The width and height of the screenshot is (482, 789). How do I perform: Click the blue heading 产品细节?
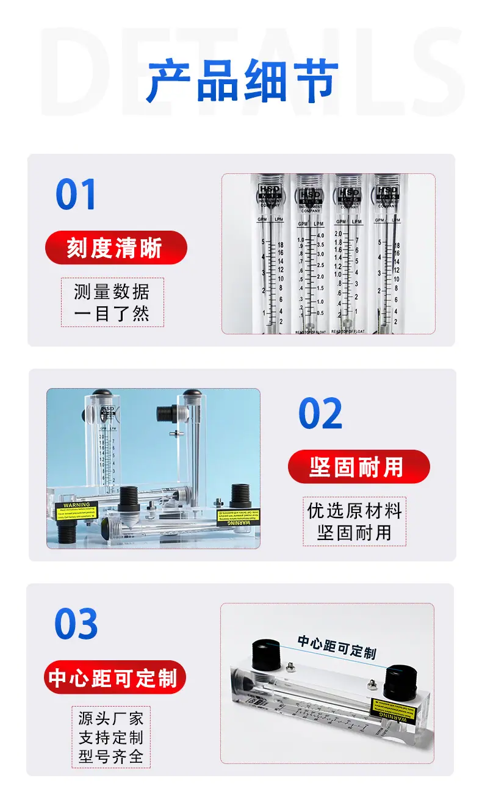(242, 81)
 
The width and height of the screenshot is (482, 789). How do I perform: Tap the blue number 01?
(76, 195)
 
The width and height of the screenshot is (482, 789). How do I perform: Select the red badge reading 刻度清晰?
(115, 248)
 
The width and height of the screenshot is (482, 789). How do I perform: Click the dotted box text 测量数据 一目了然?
(112, 303)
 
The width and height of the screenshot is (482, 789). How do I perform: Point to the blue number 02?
(320, 414)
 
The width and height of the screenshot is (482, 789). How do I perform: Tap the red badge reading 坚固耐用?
(358, 467)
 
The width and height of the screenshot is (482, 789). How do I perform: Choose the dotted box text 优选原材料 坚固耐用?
(354, 521)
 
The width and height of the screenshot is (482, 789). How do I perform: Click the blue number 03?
(76, 624)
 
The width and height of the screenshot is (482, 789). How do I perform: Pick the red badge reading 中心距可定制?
(113, 677)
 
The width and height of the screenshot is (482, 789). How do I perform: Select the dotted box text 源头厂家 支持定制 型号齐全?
(111, 737)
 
